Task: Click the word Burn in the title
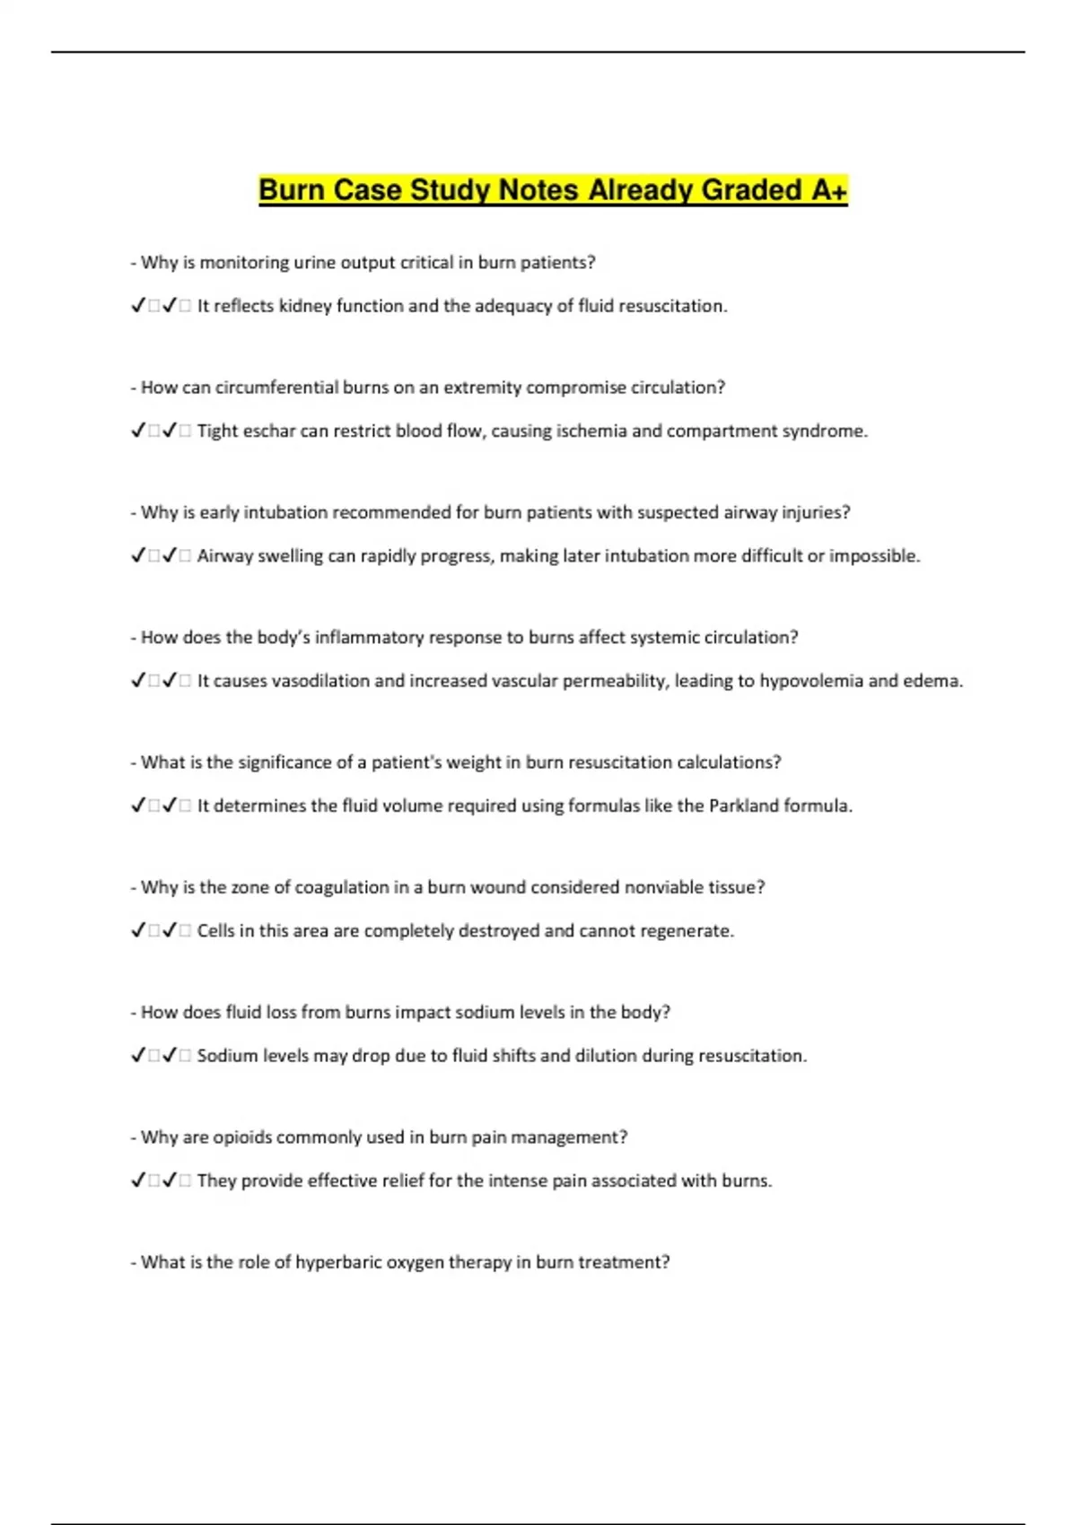coord(290,190)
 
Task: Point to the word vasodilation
coord(320,681)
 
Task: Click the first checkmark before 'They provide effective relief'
coord(138,1181)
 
